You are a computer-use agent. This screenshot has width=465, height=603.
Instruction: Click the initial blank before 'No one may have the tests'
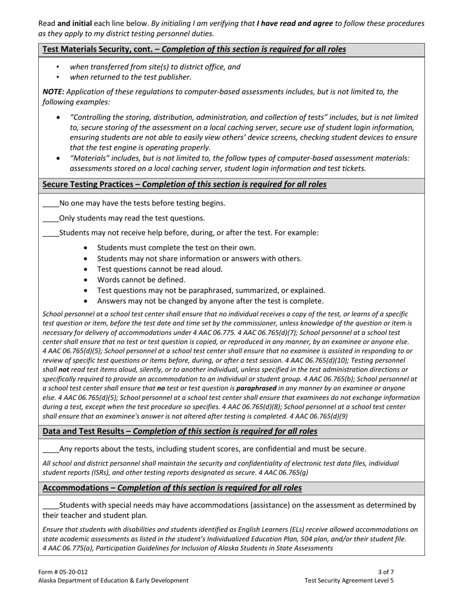50,203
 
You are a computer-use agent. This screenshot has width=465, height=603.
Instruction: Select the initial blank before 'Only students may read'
50,218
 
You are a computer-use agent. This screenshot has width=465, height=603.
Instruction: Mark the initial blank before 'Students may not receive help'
50,233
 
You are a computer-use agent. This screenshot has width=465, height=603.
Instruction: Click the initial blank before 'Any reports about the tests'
50,449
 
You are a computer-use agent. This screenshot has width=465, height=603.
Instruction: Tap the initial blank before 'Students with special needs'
50,505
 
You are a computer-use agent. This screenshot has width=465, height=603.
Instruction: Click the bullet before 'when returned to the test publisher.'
58,77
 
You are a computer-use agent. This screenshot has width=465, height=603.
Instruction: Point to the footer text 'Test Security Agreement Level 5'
349,580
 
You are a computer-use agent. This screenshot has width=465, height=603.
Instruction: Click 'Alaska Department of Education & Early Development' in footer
113,580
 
